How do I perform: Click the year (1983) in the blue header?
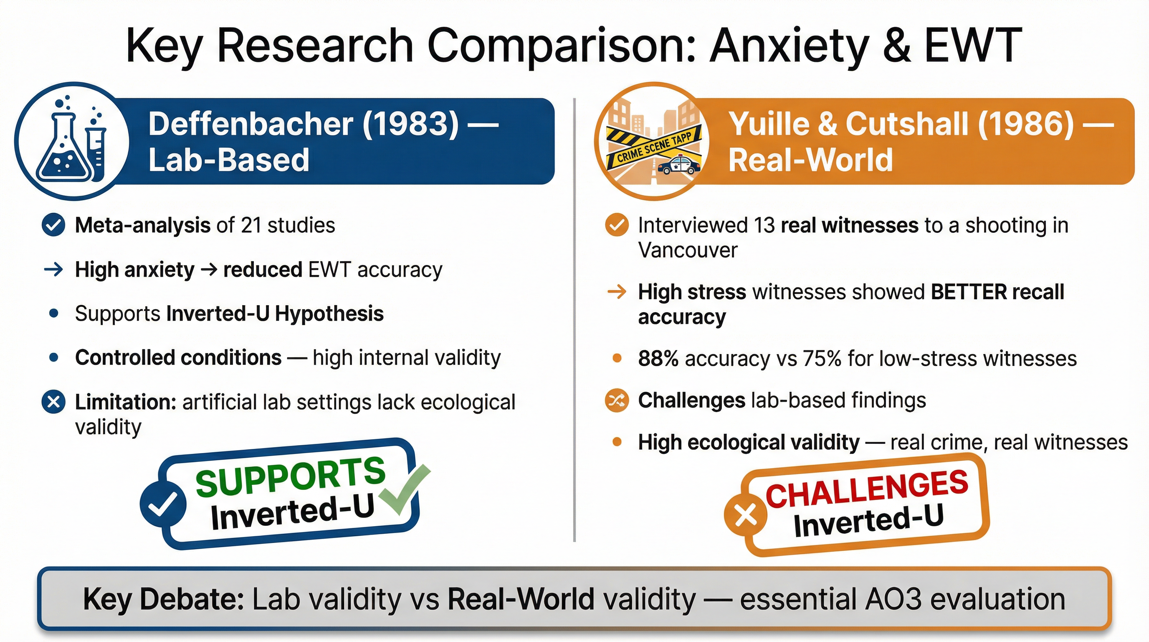coord(410,124)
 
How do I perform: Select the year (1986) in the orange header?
coord(1025,124)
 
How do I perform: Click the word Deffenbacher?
coord(251,124)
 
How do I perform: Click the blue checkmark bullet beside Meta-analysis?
coord(53,225)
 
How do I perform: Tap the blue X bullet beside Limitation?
coord(53,402)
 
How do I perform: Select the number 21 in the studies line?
coord(251,225)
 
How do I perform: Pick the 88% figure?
coord(658,358)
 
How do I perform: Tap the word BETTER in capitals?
coord(969,292)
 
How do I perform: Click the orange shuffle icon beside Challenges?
coord(617,400)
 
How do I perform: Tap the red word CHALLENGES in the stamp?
coord(867,489)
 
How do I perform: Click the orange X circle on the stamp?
coord(745,516)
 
